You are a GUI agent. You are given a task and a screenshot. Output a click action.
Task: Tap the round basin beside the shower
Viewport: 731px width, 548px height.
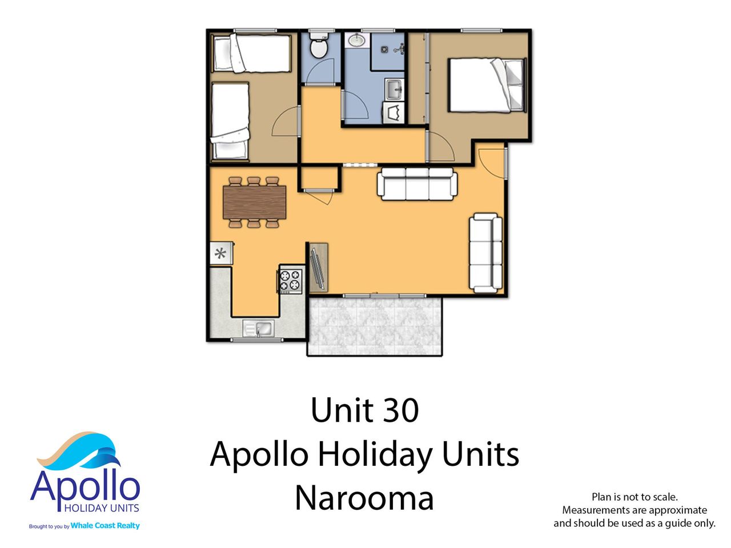(x=356, y=41)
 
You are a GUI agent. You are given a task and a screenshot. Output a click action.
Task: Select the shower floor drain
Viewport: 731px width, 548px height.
(x=384, y=49)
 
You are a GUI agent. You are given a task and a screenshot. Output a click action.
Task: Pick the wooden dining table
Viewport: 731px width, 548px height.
(x=254, y=202)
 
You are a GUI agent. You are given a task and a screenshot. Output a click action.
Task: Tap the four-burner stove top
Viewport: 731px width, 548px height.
(x=291, y=280)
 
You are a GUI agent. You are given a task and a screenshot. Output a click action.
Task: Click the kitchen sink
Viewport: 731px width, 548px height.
(x=258, y=328)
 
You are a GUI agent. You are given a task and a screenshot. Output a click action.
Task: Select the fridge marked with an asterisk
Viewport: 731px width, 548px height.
(x=221, y=253)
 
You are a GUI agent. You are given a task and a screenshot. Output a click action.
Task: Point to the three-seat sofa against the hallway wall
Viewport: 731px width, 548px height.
(x=417, y=184)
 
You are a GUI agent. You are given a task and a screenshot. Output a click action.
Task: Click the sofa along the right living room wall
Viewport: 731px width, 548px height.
(x=485, y=253)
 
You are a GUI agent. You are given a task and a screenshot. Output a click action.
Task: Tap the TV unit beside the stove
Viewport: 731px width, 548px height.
(x=319, y=267)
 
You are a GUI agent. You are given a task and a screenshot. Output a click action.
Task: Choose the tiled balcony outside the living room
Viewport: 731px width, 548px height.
(x=374, y=326)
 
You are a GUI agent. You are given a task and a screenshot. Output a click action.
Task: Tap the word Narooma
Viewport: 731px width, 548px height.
(x=364, y=498)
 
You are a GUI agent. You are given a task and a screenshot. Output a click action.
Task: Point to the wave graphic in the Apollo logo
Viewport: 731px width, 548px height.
(x=80, y=450)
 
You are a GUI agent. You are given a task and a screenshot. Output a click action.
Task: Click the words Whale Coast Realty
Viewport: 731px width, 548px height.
(x=105, y=525)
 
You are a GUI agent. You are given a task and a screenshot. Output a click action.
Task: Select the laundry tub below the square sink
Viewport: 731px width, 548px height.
(x=393, y=113)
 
